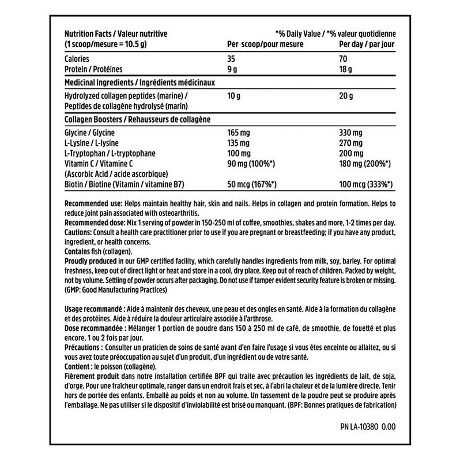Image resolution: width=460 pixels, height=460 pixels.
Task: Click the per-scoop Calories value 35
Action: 233,59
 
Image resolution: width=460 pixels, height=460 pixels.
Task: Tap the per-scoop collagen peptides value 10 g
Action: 235,96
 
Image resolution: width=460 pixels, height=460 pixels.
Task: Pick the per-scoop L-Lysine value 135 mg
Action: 240,143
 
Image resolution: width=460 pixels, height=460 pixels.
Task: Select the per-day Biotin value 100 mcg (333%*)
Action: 366,184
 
